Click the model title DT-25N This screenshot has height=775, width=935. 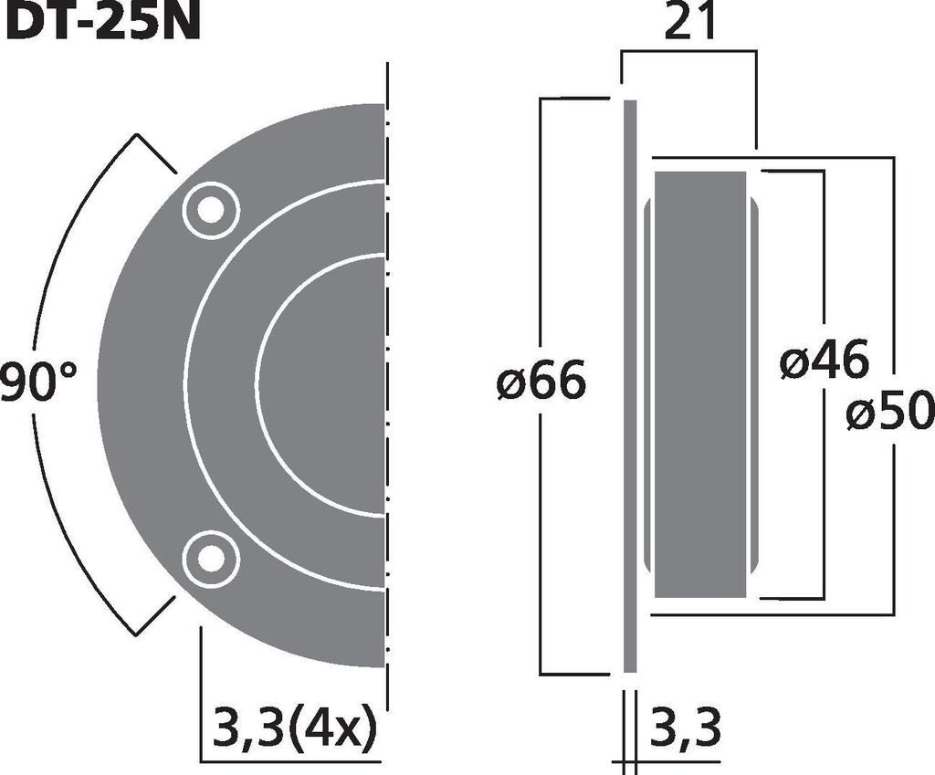click(100, 21)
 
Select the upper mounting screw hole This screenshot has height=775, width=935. click(211, 210)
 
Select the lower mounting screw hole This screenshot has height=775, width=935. click(211, 560)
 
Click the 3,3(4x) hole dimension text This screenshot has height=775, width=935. click(295, 726)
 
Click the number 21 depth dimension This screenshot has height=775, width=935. click(688, 23)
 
